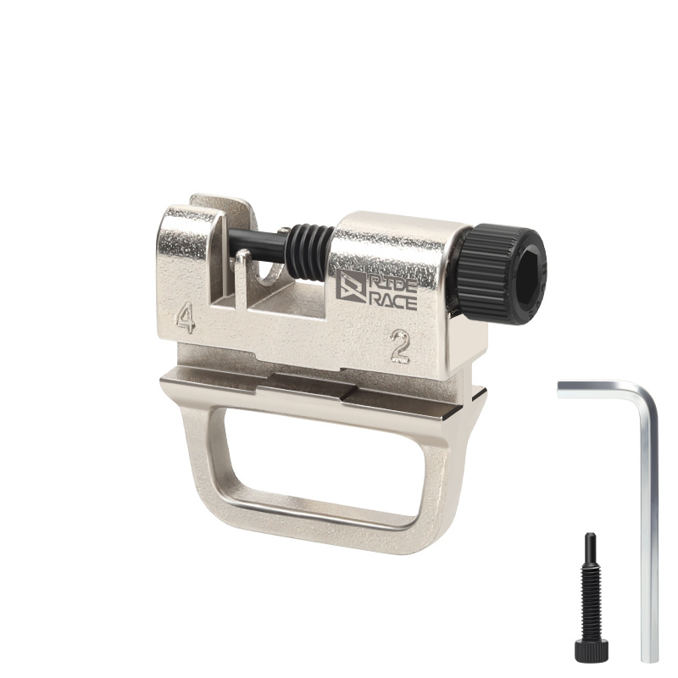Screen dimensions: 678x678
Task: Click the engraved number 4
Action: [185, 317]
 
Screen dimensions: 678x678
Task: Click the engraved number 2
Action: [399, 346]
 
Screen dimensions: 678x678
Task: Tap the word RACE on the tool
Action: [393, 303]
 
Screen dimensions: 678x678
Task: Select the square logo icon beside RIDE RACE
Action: [350, 286]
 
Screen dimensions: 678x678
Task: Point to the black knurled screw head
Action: [502, 273]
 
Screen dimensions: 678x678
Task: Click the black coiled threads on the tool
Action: [309, 252]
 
